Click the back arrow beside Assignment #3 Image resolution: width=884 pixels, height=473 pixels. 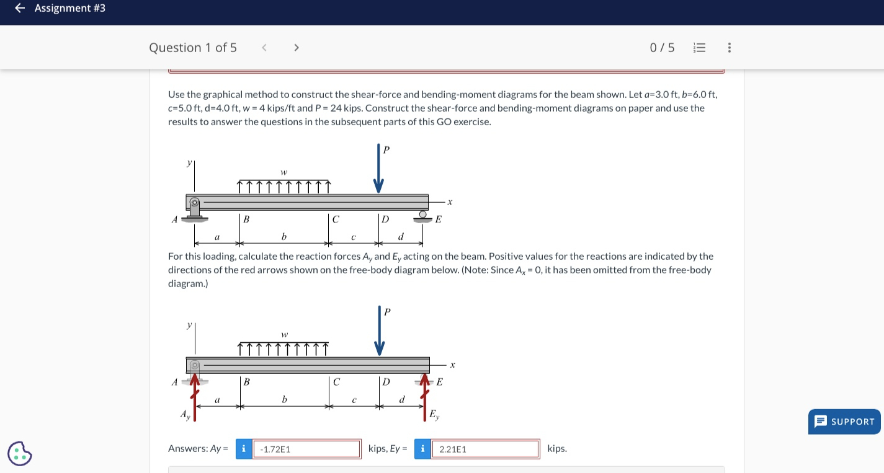pyautogui.click(x=20, y=8)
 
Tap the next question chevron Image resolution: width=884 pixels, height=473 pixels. pyautogui.click(x=296, y=48)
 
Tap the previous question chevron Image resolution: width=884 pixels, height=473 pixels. pyautogui.click(x=264, y=48)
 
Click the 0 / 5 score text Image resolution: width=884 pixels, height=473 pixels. pyautogui.click(x=662, y=48)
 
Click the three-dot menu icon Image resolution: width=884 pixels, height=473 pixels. pyautogui.click(x=729, y=48)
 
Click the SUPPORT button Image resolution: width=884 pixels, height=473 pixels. pyautogui.click(x=845, y=422)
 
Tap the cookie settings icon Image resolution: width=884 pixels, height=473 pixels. pyautogui.click(x=20, y=453)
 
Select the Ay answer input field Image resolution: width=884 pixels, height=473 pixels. pyautogui.click(x=306, y=449)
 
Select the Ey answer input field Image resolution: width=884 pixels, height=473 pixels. pyautogui.click(x=485, y=449)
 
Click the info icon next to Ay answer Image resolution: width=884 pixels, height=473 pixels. pyautogui.click(x=243, y=449)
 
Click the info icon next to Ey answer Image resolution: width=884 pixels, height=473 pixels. pyautogui.click(x=422, y=449)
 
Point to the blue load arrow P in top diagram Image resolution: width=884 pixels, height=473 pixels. pyautogui.click(x=378, y=169)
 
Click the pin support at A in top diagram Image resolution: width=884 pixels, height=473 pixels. pyautogui.click(x=195, y=209)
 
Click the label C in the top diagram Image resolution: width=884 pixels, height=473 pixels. pyautogui.click(x=336, y=219)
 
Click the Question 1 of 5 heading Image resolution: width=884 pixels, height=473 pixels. pyautogui.click(x=193, y=48)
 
